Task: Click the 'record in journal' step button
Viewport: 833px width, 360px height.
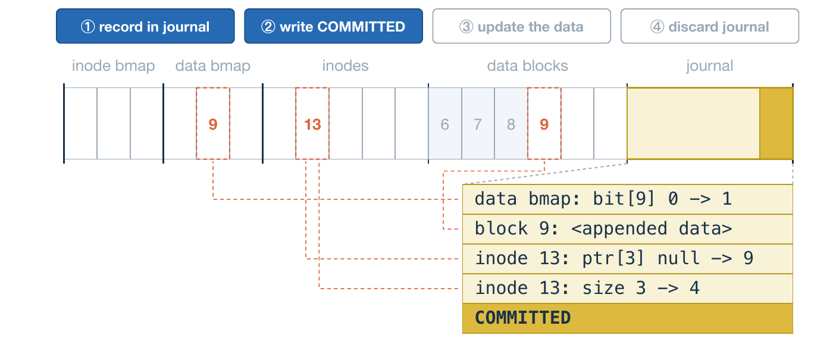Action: pos(145,26)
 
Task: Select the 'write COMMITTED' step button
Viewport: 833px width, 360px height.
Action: pos(334,26)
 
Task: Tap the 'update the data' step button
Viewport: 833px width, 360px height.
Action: pos(522,26)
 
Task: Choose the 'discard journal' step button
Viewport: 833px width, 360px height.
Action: pos(710,26)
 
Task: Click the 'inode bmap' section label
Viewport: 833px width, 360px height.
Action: pos(113,66)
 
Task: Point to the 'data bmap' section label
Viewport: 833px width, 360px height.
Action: pos(213,66)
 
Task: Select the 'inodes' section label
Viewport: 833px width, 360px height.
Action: pos(345,66)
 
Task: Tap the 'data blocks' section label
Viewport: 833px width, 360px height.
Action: pos(527,66)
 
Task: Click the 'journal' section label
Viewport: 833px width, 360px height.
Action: pos(709,66)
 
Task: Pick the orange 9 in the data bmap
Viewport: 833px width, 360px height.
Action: pos(213,124)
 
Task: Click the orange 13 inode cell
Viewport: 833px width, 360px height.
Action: pos(312,124)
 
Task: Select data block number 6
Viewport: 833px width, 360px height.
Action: pos(445,124)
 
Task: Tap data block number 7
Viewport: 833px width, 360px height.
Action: pos(478,124)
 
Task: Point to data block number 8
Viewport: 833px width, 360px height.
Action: pos(511,124)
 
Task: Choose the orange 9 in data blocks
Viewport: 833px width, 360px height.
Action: pos(544,124)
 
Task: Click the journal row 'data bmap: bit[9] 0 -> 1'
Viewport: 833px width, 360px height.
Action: pos(628,199)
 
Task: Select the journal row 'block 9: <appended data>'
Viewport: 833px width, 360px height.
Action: pos(628,228)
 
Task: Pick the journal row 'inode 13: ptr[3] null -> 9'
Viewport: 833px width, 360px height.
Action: pos(628,258)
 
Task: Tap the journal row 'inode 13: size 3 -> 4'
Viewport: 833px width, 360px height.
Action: pos(628,288)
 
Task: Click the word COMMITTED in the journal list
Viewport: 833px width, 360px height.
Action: pos(522,318)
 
